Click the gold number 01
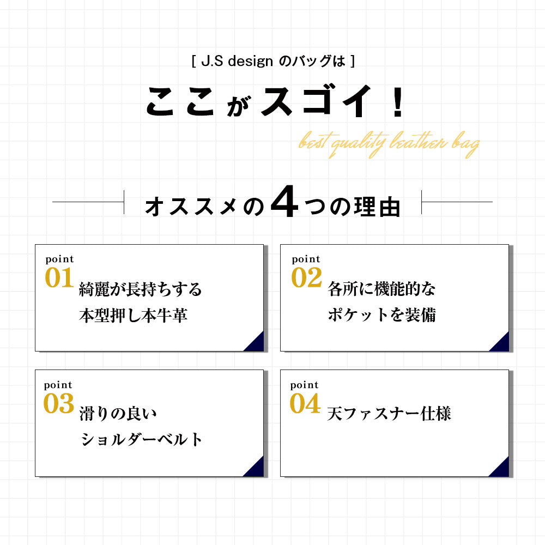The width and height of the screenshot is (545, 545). pos(59,278)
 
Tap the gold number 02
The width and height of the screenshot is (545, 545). pos(306,278)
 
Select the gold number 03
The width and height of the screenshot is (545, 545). pos(59,403)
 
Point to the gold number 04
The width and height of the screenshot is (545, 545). pos(305,403)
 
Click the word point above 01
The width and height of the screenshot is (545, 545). pos(60,259)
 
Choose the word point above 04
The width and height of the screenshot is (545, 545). pos(305,385)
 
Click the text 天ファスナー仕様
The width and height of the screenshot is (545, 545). pos(389,414)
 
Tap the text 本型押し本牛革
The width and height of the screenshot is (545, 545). pos(133,315)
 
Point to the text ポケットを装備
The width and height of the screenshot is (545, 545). pos(381,315)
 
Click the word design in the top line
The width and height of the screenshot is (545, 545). pos(250,62)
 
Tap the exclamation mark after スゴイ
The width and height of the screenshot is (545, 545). pos(398,101)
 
